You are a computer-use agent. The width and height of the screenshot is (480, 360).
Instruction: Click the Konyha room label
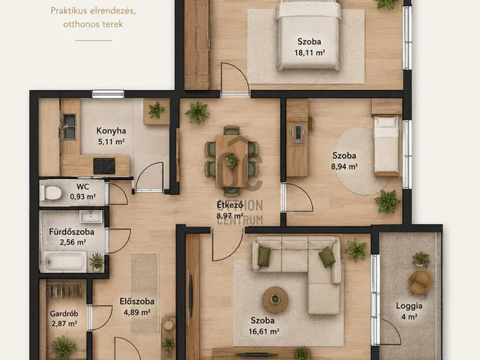click(x=111, y=130)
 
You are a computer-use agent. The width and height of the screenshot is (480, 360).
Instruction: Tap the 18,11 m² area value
click(x=310, y=52)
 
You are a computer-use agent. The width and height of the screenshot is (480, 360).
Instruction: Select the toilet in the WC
click(x=51, y=193)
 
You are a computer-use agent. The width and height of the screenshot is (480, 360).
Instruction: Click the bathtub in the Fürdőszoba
click(x=63, y=262)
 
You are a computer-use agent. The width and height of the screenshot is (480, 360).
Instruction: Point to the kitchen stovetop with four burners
click(x=104, y=166)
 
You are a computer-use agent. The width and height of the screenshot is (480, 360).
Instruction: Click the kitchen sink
click(x=70, y=127)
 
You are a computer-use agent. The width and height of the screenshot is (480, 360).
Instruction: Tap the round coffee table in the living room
click(x=275, y=299)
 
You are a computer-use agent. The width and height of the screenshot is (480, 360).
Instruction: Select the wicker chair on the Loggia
click(x=420, y=282)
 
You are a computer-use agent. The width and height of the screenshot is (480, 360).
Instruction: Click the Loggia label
click(x=409, y=305)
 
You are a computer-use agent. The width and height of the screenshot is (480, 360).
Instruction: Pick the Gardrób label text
click(x=64, y=313)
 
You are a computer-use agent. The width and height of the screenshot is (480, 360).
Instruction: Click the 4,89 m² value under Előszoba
click(x=136, y=312)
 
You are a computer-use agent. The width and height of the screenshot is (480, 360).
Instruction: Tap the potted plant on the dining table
click(x=232, y=160)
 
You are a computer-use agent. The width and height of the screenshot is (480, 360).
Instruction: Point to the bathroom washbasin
click(x=91, y=217)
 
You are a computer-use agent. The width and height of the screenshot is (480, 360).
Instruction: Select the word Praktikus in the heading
click(x=70, y=10)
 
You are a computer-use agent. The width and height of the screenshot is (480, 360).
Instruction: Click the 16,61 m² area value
click(x=264, y=331)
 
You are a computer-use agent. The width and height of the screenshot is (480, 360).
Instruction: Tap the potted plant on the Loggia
click(x=421, y=259)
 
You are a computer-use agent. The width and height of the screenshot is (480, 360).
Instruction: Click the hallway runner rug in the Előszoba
click(x=145, y=293)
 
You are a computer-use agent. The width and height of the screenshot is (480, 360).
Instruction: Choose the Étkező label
click(x=230, y=204)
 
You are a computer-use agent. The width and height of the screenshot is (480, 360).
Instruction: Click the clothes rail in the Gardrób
click(x=65, y=290)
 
